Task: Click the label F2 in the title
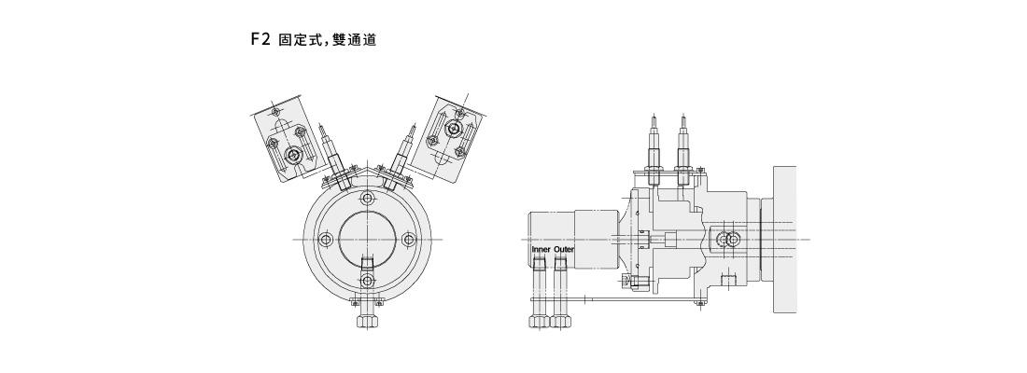[x=260, y=40]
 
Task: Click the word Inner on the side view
[x=541, y=251]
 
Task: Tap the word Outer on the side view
[x=564, y=251]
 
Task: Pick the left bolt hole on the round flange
[x=325, y=240]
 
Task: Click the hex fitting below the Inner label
[x=539, y=320]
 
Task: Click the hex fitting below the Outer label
[x=560, y=320]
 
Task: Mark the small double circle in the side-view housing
[x=726, y=240]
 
